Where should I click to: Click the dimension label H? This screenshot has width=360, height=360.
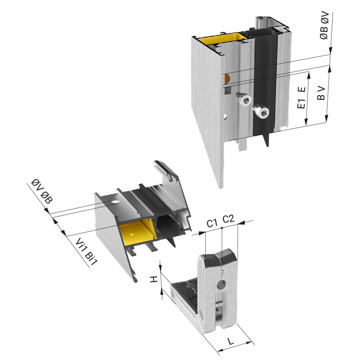click(x=154, y=279)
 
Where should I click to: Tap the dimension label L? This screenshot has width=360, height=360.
click(x=230, y=341)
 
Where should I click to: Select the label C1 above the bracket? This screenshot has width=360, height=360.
click(x=211, y=223)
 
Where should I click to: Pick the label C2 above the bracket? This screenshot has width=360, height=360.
click(x=229, y=219)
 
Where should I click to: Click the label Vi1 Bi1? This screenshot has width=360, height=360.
click(x=87, y=252)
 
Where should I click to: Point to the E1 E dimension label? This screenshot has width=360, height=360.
click(x=301, y=97)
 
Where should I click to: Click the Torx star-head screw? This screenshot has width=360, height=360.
click(x=261, y=112)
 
